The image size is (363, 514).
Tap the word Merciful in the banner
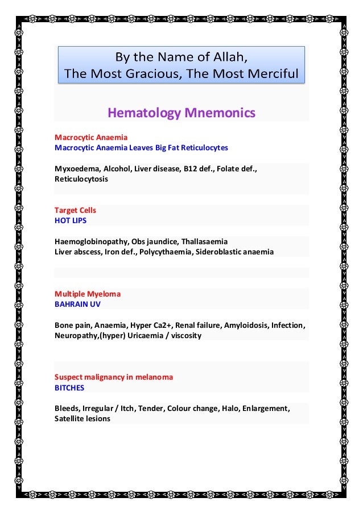(270, 73)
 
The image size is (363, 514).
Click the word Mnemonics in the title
(219, 113)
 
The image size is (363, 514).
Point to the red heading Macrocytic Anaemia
(91, 138)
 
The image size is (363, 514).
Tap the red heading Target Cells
(75, 210)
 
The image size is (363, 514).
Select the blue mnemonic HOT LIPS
(71, 220)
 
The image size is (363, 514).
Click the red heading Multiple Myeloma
(88, 294)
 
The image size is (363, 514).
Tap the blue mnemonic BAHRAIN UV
(77, 305)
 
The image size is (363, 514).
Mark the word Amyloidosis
(246, 326)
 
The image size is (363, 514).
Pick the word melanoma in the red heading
(154, 377)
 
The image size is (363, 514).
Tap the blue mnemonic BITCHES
(69, 388)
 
